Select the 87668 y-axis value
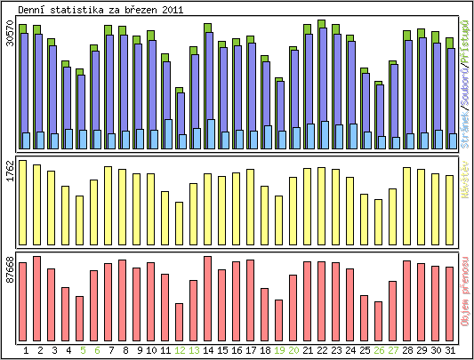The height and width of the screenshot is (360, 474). [9, 268]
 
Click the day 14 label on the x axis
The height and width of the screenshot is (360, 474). [208, 350]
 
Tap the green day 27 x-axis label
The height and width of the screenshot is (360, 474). [393, 350]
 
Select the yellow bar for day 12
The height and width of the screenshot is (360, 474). [180, 221]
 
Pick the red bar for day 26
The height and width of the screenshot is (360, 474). [379, 321]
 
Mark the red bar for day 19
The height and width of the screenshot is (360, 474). [279, 320]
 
